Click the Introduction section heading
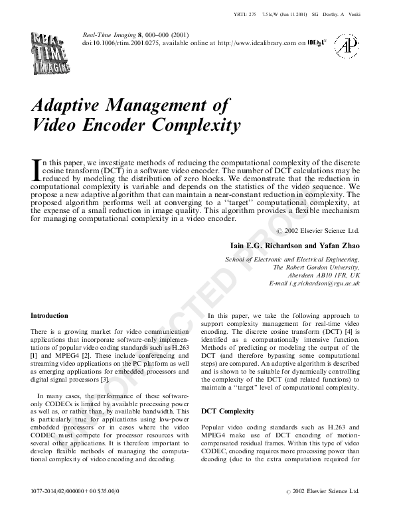click(x=50, y=315)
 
